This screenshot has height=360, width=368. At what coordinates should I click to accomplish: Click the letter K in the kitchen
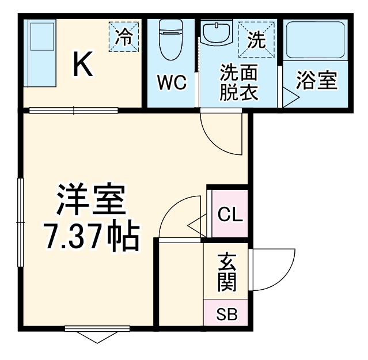(82, 65)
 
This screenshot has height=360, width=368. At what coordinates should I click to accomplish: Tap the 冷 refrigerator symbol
(124, 36)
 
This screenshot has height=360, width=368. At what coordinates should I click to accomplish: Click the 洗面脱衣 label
(238, 83)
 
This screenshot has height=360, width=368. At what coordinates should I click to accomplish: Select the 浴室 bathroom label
(316, 81)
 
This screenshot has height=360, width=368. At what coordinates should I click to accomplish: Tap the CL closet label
(230, 217)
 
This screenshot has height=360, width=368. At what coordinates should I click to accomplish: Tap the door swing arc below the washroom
(222, 134)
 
